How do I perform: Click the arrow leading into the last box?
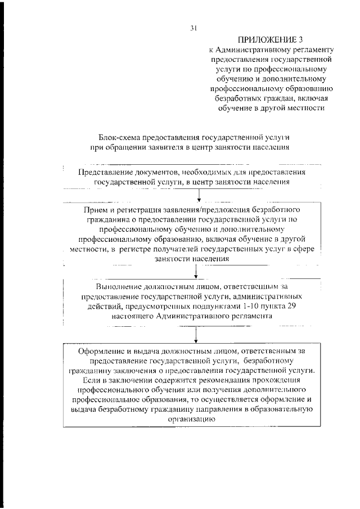click(x=196, y=335)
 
